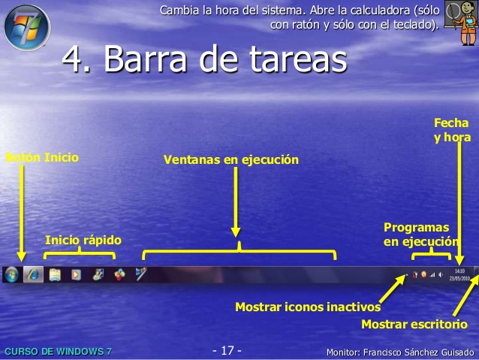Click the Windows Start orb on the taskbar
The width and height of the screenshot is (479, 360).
point(12,274)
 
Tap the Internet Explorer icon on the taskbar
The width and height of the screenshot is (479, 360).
point(33,274)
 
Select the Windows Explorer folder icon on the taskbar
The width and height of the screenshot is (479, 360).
point(55,274)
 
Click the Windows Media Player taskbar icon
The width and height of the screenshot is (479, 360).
point(76,274)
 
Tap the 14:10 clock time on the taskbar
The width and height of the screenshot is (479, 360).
point(460,271)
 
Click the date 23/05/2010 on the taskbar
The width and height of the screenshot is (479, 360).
point(460,278)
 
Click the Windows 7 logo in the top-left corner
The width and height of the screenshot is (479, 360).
point(26,26)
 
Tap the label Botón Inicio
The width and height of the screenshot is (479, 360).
point(42,158)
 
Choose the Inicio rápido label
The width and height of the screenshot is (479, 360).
point(83,240)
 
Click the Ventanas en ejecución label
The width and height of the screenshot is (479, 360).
point(231,159)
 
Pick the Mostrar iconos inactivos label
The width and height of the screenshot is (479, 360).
point(308,307)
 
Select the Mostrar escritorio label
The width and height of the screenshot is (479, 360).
point(414,324)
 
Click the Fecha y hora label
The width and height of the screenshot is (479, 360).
point(451,130)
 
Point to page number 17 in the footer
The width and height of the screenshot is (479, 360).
point(227,351)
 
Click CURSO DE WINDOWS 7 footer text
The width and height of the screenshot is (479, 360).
point(58,352)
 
